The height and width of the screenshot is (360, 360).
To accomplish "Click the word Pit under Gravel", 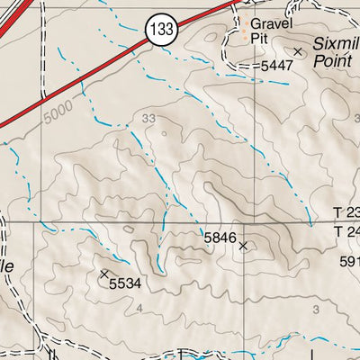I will pyautogui.click(x=261, y=39).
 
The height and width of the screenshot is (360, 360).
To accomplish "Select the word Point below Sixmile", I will pyautogui.click(x=332, y=61).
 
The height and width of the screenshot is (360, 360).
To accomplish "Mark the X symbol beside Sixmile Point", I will pyautogui.click(x=298, y=51).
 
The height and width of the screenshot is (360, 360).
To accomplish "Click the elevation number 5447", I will pyautogui.click(x=275, y=66).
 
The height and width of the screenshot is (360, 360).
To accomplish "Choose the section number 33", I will pyautogui.click(x=148, y=118).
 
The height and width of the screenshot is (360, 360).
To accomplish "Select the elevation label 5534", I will pyautogui.click(x=126, y=283).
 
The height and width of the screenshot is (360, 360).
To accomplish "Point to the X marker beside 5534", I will pyautogui.click(x=104, y=272).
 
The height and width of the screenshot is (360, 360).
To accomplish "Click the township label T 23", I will pyautogui.click(x=346, y=213).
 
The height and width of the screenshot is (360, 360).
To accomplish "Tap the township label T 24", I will pyautogui.click(x=346, y=231).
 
